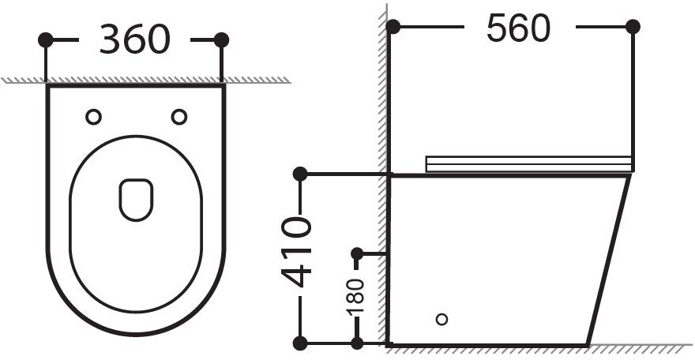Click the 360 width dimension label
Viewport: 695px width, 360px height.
coord(133,39)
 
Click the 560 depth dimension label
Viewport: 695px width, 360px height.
coord(518,29)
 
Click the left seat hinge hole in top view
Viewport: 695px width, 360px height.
coord(93,117)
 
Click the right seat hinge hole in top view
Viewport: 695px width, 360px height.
coord(179,117)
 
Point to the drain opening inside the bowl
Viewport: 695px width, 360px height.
coord(136,198)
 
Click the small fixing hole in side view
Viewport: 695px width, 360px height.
coord(442,320)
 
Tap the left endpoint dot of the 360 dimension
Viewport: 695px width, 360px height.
coord(47,39)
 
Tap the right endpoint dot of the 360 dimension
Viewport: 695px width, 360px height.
coord(221,39)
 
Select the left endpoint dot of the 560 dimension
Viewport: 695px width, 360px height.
coord(394,28)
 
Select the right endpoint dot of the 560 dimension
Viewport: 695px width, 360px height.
coord(633,28)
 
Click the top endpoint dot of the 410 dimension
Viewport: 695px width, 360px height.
coord(299,174)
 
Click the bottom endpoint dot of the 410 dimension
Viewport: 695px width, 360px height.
coord(299,343)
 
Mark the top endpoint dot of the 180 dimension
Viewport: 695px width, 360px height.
coord(357,253)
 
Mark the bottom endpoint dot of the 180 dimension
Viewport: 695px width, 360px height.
coord(357,343)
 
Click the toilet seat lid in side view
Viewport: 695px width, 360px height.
coord(529,163)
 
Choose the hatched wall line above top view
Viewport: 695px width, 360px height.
coord(142,80)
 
